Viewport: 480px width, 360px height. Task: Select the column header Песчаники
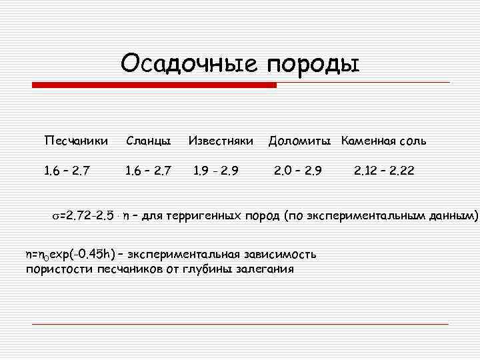[75, 141]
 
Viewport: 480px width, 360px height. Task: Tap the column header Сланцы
[148, 141]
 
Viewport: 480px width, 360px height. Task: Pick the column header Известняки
[221, 141]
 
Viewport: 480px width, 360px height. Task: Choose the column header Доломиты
[300, 141]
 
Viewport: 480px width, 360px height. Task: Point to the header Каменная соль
[383, 141]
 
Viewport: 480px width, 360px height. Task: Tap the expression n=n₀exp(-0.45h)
[69, 254]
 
